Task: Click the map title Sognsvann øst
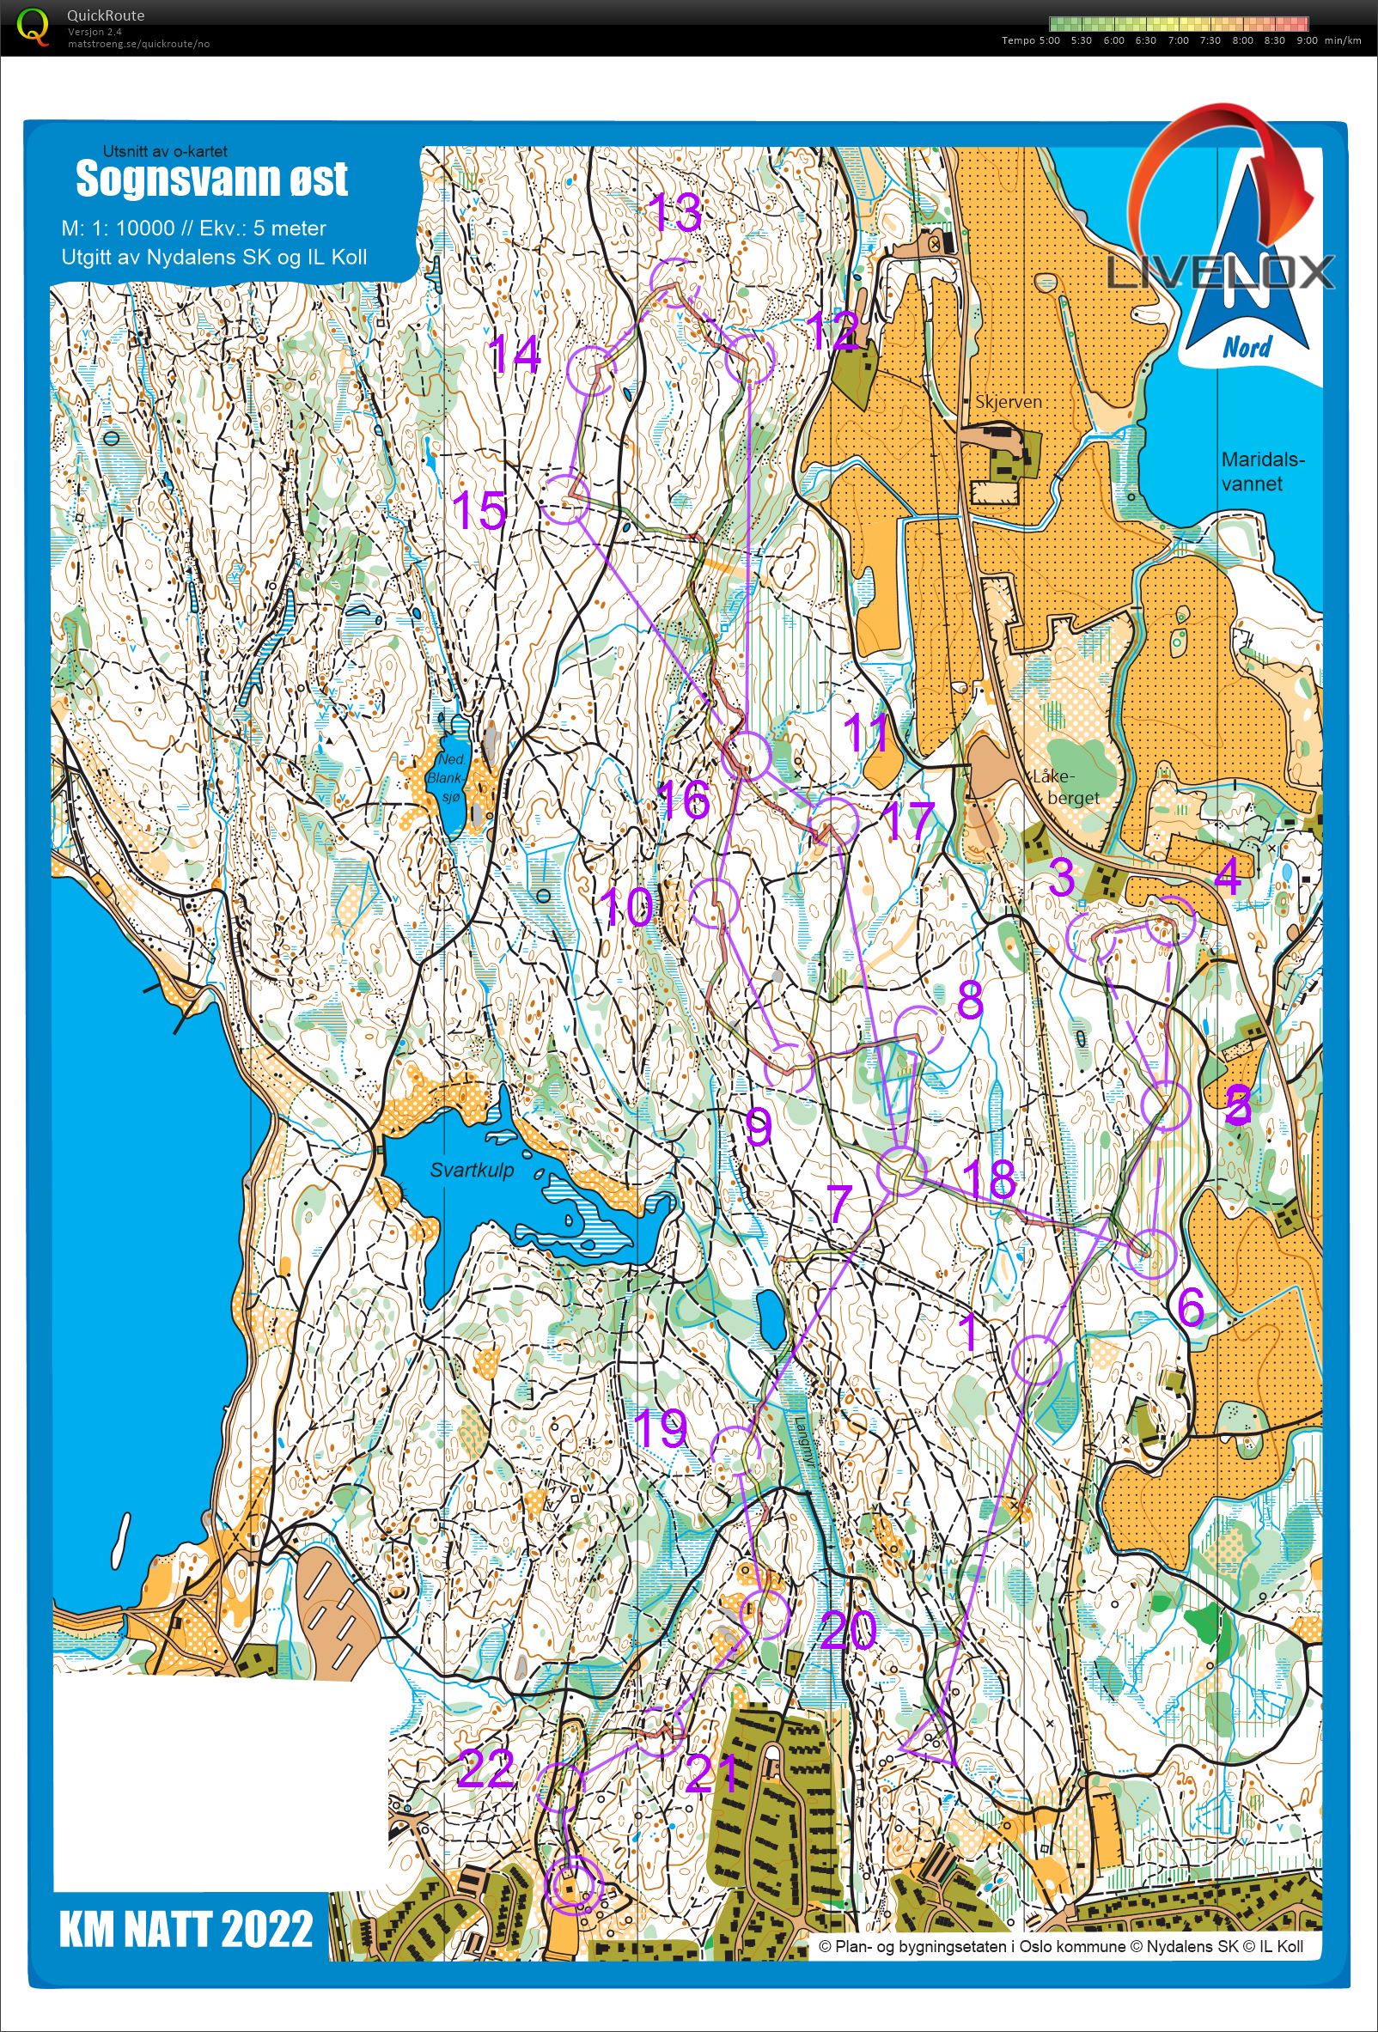tap(211, 179)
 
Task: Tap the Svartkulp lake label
tap(473, 1170)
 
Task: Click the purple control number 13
tap(676, 212)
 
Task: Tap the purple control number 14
tap(514, 355)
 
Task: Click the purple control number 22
tap(485, 1770)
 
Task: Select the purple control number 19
tap(659, 1428)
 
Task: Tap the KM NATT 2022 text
tap(186, 1930)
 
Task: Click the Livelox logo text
tap(1221, 273)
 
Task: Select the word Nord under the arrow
tap(1247, 347)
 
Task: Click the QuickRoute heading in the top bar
tap(105, 15)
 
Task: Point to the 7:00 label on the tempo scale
tap(1178, 40)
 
